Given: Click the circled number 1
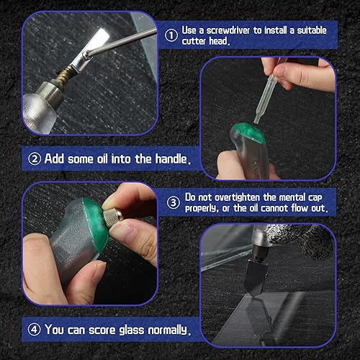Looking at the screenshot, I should coord(170,34).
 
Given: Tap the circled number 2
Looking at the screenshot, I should coord(34,158).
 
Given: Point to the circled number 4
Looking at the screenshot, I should coord(34,330).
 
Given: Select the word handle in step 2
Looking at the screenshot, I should coord(171,158).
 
